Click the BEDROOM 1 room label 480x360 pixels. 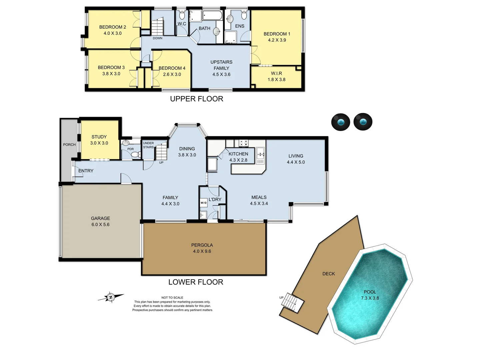(277, 34)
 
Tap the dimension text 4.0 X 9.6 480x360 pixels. (202, 251)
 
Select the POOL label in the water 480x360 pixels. (370, 292)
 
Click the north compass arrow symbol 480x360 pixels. (111, 297)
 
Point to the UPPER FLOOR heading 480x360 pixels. (196, 99)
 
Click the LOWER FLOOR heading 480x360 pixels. (196, 282)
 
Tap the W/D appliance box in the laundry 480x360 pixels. (204, 203)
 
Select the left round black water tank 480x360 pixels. (340, 122)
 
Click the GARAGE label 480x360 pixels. (100, 218)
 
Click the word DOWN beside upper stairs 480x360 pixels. (158, 38)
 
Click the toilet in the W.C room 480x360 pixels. (182, 15)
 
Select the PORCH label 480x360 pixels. (69, 145)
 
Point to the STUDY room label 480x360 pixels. (99, 137)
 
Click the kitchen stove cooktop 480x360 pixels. (243, 143)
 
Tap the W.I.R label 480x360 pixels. (276, 73)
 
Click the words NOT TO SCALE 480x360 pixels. (172, 298)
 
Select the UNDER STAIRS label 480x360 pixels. (148, 145)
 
